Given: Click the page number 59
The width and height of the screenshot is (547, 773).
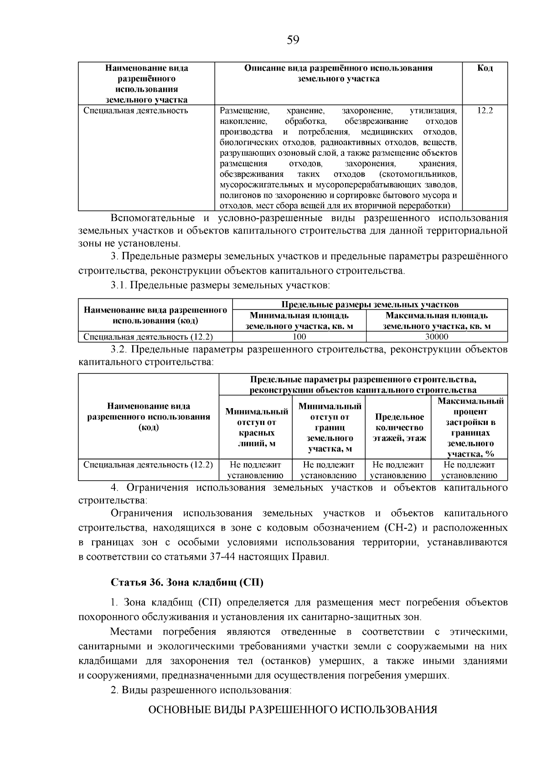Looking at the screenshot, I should pos(293,41).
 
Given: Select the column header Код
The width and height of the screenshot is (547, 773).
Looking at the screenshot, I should pos(485,68).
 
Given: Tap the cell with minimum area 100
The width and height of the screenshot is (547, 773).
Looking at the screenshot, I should pos(299,337).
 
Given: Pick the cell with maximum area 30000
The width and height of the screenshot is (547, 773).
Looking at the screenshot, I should pos(436,337).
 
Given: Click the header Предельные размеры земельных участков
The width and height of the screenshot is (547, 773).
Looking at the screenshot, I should pos(370,304).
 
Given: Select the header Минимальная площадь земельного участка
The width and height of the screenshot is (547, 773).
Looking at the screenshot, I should pos(299,321).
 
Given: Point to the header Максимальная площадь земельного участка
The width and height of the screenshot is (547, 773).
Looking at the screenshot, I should pos(436,321).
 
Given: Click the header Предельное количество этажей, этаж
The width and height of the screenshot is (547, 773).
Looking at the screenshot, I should pos(399,428).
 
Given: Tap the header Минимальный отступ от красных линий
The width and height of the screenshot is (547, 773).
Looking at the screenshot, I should pos(257,428).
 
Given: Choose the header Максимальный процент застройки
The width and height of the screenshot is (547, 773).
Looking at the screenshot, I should pos(470,428).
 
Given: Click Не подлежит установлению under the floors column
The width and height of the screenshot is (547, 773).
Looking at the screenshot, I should pos(398,470).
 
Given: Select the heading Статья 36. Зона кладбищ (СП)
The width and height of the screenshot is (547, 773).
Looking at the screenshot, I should pos(187,583).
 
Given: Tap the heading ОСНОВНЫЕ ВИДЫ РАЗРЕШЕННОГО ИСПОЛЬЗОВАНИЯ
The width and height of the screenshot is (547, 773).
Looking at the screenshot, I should pos(293,710).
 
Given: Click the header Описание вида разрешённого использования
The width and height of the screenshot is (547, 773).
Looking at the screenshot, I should pos(338,73).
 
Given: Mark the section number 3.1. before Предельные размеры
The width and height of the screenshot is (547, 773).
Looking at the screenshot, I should pos(119,286).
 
